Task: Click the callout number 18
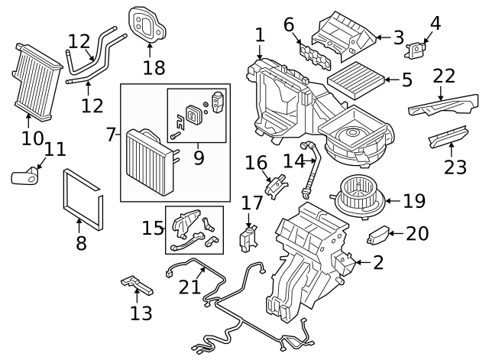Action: coord(154,68)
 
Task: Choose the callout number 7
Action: coord(111,135)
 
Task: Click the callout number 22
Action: coord(444,76)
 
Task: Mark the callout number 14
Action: coord(293,161)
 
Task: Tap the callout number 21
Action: coord(189,287)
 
